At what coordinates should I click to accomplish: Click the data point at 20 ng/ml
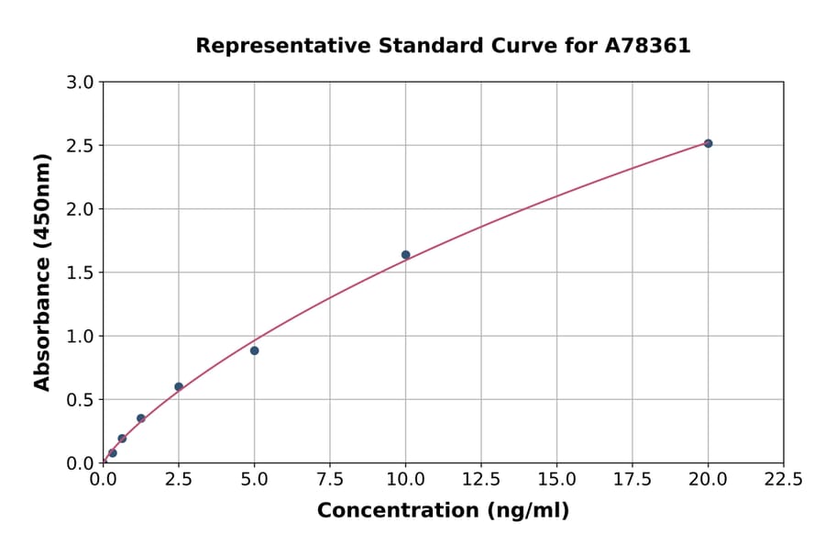(708, 143)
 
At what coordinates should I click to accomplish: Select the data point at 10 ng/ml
(405, 255)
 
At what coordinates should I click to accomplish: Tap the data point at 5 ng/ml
(254, 350)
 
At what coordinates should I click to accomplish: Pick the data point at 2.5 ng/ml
(179, 386)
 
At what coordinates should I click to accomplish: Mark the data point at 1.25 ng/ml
(141, 418)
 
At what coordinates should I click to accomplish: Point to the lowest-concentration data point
(113, 452)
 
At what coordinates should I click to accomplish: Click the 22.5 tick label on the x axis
(783, 479)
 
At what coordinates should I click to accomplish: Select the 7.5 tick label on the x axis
(330, 479)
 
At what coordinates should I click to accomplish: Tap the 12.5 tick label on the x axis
(481, 479)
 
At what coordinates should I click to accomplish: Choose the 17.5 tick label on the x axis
(632, 479)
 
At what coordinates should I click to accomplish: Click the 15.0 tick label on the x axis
(556, 479)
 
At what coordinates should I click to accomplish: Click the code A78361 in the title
(648, 45)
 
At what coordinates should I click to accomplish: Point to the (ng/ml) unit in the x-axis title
(527, 511)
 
